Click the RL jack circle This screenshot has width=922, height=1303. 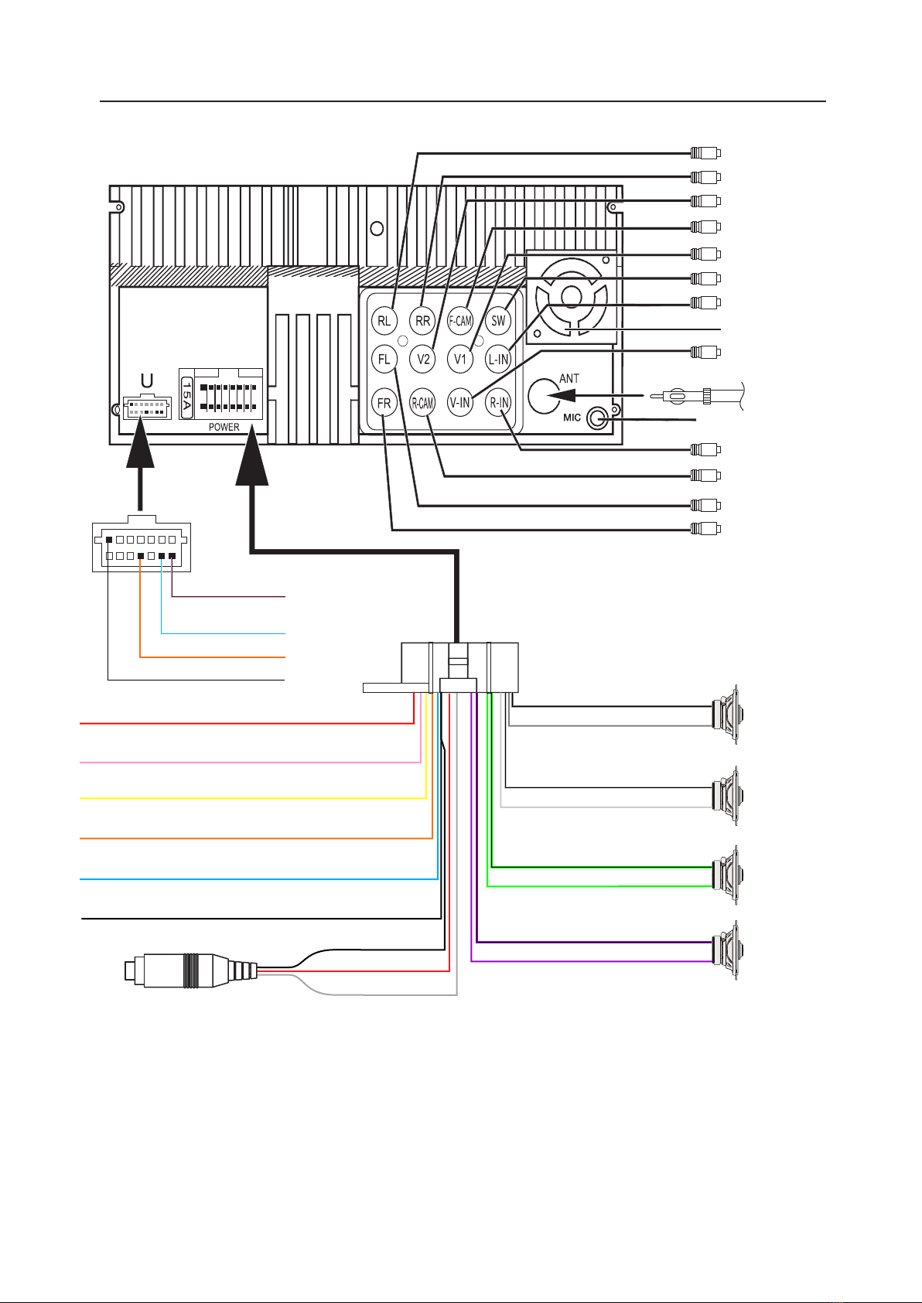click(384, 320)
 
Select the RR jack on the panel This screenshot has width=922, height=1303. click(422, 320)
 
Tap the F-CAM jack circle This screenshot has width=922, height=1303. click(460, 320)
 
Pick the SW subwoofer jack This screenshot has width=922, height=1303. click(499, 320)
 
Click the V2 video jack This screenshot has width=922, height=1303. click(423, 359)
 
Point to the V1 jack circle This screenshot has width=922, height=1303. click(460, 359)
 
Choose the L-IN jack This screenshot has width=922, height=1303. click(499, 359)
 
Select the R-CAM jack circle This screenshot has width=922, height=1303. click(422, 403)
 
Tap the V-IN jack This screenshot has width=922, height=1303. click(460, 403)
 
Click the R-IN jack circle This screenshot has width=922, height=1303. click(499, 403)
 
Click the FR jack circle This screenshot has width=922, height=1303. click(384, 403)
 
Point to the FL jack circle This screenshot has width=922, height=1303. click(384, 359)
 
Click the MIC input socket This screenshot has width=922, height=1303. click(598, 419)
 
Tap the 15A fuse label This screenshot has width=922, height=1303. click(186, 397)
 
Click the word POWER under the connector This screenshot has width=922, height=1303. click(224, 427)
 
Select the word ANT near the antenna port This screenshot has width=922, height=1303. click(569, 379)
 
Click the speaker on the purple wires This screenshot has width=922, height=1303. click(726, 950)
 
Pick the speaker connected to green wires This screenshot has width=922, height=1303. click(726, 875)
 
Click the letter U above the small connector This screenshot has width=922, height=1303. click(147, 381)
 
